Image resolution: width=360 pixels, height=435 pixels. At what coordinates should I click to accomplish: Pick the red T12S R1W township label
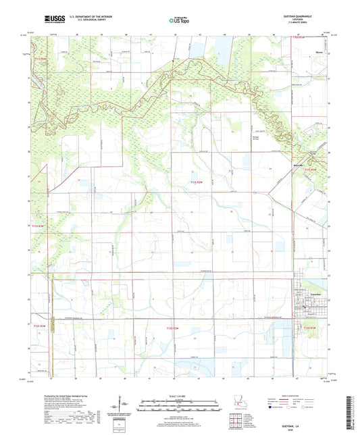pos(313,326)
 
